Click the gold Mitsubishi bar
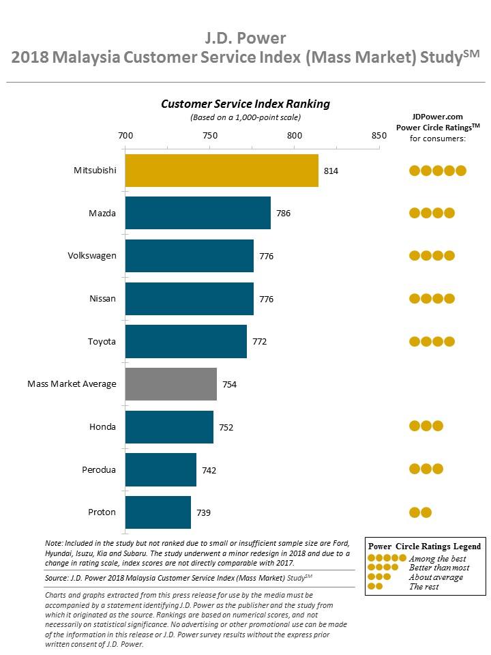(222, 171)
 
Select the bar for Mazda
(198, 213)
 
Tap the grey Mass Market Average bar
(170, 384)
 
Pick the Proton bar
(158, 512)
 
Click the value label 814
(331, 171)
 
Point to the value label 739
(203, 512)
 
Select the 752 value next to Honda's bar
(226, 427)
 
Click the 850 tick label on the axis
(379, 135)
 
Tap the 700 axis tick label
(125, 135)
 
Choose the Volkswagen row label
(91, 256)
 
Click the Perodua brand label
(98, 469)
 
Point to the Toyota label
(102, 341)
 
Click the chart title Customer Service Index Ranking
(245, 104)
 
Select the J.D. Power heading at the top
(245, 37)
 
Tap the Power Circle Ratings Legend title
(424, 547)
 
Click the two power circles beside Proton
(420, 512)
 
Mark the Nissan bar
(190, 299)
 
